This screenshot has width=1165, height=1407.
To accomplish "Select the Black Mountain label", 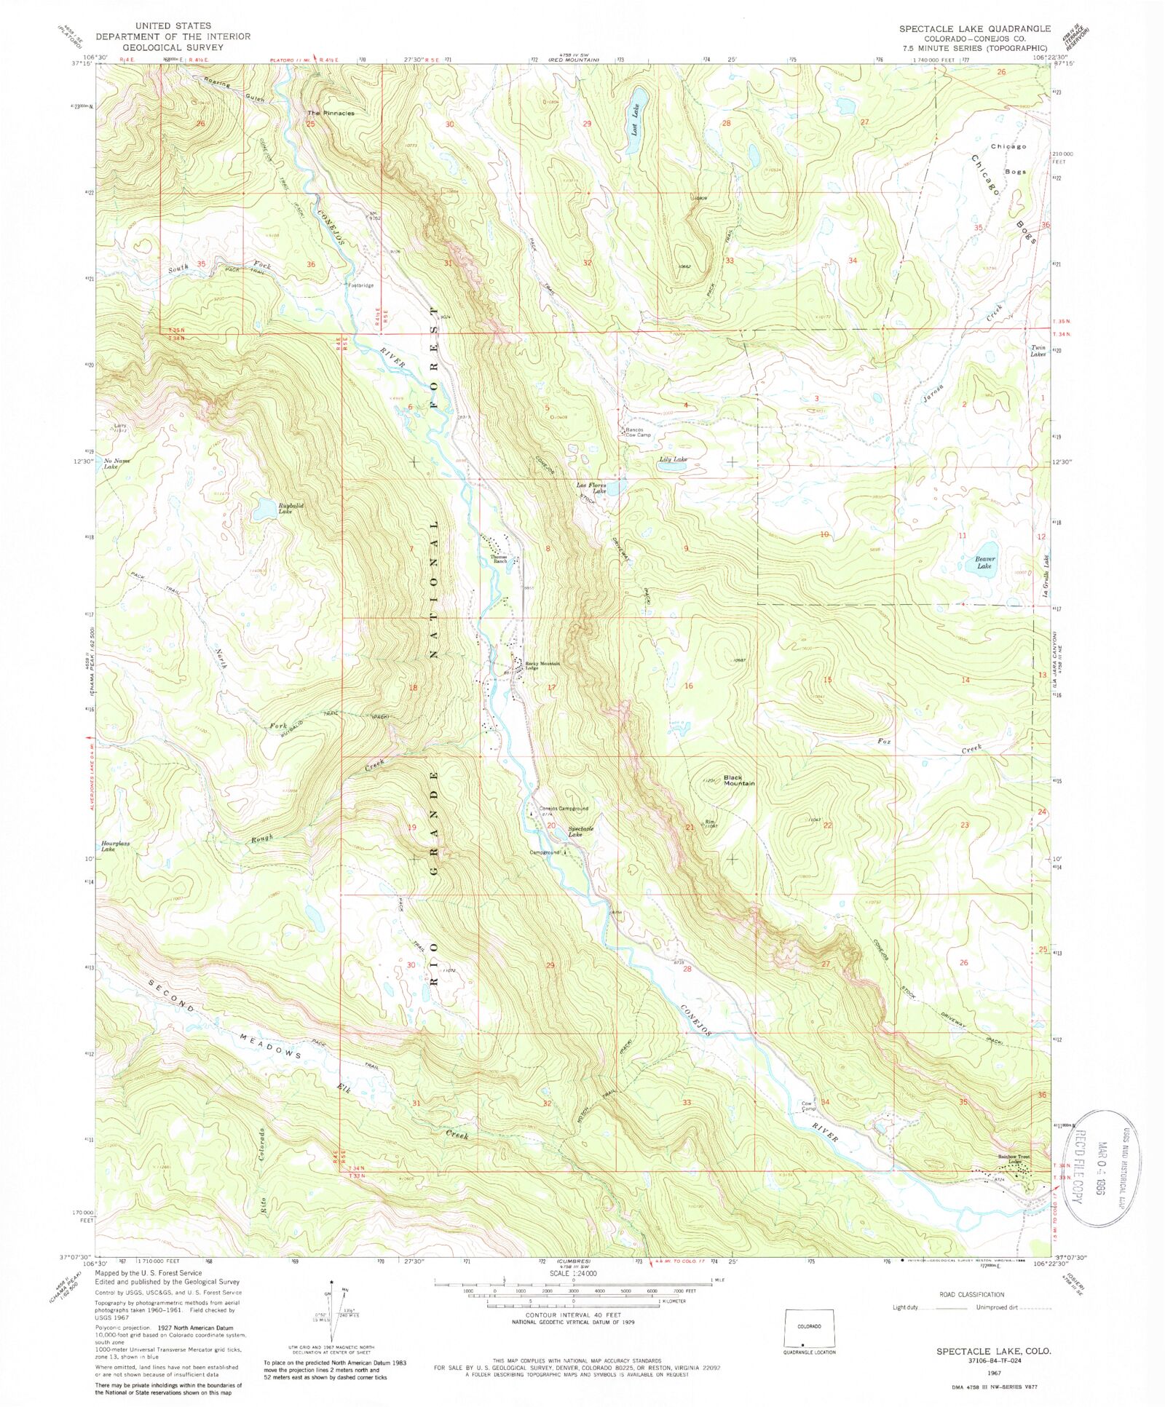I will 738,780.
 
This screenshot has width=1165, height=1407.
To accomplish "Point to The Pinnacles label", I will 331,113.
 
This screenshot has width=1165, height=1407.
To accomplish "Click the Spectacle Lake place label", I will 580,831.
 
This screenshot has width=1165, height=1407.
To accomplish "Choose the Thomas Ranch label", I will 499,559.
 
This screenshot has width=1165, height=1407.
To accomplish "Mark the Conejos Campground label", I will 563,808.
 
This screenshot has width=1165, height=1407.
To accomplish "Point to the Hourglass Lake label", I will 115,846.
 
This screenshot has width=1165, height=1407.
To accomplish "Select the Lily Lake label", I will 673,459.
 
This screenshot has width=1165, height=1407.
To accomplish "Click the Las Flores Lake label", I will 591,488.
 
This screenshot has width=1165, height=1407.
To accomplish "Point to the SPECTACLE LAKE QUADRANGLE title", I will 974,28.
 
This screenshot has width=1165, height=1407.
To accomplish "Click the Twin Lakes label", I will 1038,351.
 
